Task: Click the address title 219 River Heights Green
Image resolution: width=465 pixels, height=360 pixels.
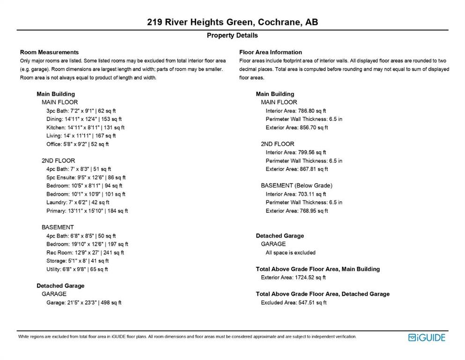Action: pos(232,22)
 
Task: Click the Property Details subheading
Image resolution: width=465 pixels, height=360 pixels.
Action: pos(232,36)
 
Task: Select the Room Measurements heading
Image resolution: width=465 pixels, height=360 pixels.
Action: pos(49,52)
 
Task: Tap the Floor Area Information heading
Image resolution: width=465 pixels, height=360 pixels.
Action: pos(270,52)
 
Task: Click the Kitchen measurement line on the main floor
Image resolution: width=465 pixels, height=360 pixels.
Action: pos(85,127)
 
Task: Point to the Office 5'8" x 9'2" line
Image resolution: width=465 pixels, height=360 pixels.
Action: pos(77,144)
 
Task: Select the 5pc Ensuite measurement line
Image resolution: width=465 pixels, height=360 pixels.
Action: pos(86,178)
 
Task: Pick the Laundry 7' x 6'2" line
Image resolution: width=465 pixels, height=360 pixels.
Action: pos(78,202)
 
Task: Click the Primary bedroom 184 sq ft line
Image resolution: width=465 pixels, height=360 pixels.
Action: pos(87,211)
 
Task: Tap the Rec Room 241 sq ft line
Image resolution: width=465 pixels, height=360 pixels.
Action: pos(85,253)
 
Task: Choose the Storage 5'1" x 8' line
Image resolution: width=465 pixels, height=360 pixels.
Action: pos(77,261)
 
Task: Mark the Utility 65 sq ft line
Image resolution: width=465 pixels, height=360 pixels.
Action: pos(77,270)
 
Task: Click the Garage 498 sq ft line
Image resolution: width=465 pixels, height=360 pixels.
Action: pos(84,303)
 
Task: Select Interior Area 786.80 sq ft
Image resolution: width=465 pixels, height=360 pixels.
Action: pos(295,111)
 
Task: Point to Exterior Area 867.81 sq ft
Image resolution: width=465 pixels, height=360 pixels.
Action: pos(296,169)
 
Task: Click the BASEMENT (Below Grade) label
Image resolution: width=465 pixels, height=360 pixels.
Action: pos(296,186)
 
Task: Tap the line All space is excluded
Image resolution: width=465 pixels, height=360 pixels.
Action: pos(290,253)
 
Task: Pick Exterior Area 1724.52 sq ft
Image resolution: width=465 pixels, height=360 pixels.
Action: pos(293,277)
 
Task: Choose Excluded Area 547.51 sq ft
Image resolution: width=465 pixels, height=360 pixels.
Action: pos(293,303)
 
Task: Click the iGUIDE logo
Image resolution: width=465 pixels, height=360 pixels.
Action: pos(427,337)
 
